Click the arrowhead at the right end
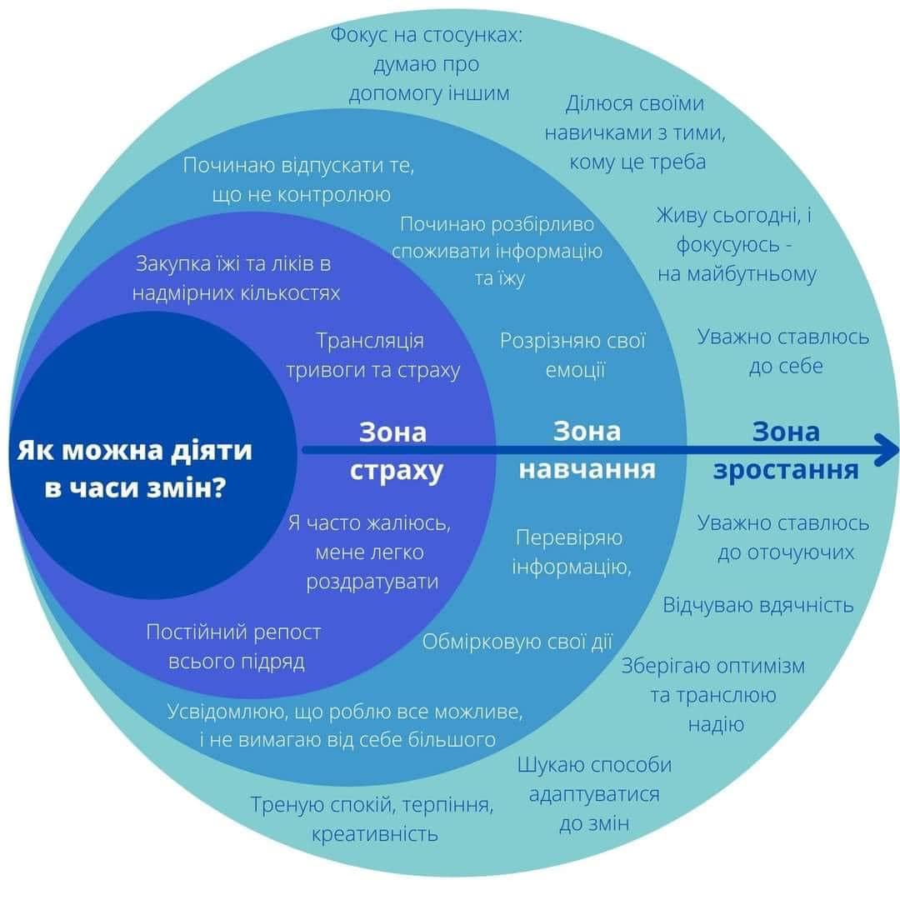(x=887, y=449)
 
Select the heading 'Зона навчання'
(x=587, y=450)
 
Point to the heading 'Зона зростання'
(x=786, y=451)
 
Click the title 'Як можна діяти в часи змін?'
(x=134, y=469)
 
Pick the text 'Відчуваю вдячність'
(x=758, y=605)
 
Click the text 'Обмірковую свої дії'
(x=517, y=642)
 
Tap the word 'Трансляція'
(x=370, y=341)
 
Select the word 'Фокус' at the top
(x=358, y=35)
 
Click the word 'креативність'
(x=375, y=833)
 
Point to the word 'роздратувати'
(x=372, y=582)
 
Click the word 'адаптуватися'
(x=594, y=795)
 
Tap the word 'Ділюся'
(x=594, y=104)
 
